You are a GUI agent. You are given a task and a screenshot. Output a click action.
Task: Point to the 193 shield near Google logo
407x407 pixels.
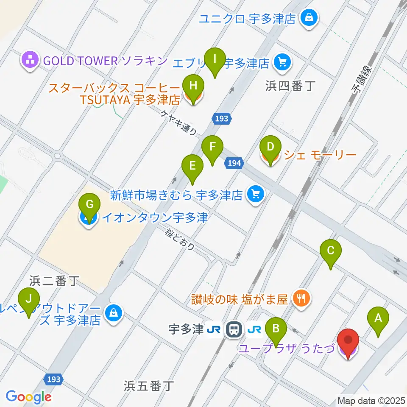click(54, 379)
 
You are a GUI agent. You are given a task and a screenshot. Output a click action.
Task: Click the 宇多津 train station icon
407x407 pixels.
click(233, 329)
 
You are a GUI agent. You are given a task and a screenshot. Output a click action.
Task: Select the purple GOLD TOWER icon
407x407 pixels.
click(30, 61)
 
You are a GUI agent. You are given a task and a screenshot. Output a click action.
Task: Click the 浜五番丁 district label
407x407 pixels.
click(149, 385)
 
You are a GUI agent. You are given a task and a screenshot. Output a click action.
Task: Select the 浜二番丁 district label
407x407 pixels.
click(55, 281)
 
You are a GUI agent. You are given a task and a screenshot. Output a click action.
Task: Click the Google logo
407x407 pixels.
click(28, 397)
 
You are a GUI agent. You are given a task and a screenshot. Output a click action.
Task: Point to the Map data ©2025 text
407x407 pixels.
click(371, 400)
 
